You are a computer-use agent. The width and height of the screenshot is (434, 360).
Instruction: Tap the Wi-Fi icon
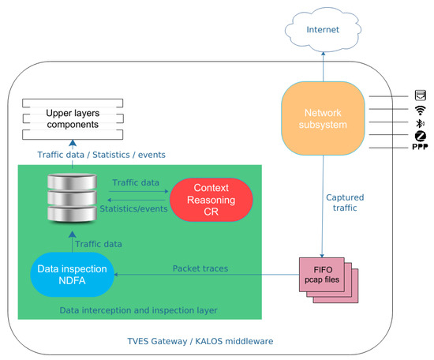point(421,111)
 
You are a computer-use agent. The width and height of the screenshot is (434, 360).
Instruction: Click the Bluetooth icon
point(421,124)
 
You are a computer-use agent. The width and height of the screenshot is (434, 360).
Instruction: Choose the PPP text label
point(421,148)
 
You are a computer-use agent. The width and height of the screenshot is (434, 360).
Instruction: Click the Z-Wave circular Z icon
point(421,137)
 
